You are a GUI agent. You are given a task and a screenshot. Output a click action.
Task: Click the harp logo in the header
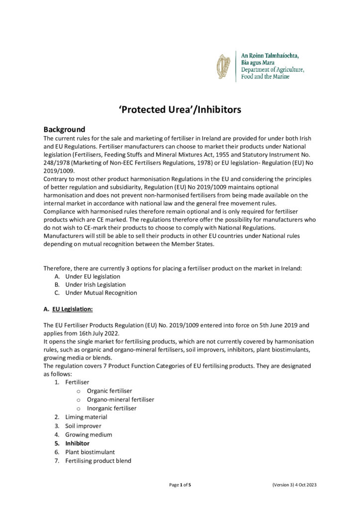click(223, 67)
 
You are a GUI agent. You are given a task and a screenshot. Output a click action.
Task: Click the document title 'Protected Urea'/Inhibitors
click(180, 109)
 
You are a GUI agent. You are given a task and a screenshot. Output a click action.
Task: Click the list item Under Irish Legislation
click(95, 285)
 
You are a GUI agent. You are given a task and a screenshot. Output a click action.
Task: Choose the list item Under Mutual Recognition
click(101, 293)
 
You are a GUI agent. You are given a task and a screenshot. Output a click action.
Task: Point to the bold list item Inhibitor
click(77, 443)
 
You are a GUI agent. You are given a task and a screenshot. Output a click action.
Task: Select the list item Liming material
click(86, 417)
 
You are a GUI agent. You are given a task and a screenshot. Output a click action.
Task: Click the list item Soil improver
click(83, 426)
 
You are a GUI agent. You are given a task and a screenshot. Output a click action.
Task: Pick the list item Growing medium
click(88, 434)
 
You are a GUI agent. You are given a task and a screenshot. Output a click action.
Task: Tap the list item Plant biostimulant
click(90, 452)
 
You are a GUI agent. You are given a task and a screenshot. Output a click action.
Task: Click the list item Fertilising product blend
click(98, 461)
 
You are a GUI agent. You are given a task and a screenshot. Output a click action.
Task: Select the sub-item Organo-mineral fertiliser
click(120, 400)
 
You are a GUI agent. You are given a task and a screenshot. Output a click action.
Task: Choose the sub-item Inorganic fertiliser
click(111, 408)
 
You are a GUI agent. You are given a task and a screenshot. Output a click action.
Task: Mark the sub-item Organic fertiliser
click(109, 391)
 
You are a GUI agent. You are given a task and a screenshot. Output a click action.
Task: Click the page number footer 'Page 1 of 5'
click(180, 484)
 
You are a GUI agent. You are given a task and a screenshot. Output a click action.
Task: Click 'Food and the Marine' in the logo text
click(265, 78)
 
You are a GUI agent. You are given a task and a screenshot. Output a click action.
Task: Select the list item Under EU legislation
click(92, 276)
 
